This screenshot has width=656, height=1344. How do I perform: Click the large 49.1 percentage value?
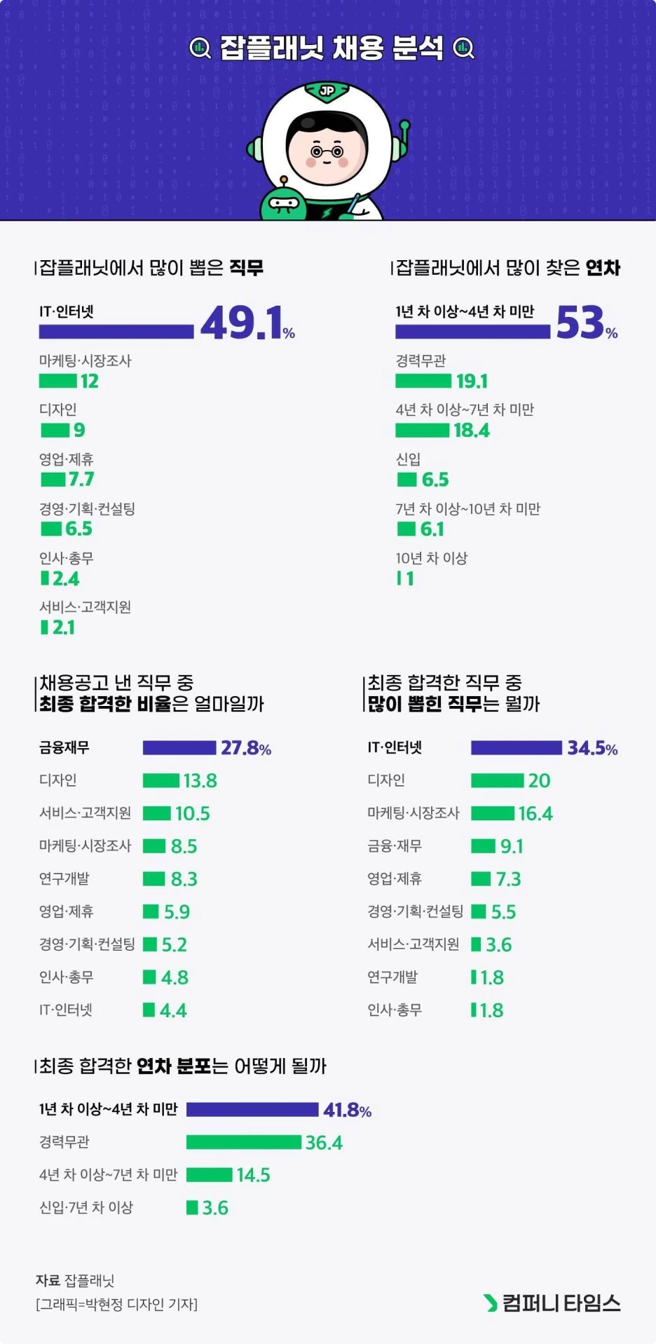click(241, 323)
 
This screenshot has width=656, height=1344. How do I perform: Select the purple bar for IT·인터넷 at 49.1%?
click(116, 332)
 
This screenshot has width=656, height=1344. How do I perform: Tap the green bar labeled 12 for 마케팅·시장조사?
click(57, 381)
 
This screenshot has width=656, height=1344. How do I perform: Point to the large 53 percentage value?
click(580, 323)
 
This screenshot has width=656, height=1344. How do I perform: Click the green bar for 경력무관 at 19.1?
click(423, 381)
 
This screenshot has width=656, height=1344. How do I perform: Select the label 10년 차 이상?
click(431, 558)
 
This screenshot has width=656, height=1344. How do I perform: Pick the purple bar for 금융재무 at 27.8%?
click(179, 748)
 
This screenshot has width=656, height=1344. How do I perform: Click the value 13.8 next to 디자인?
click(200, 781)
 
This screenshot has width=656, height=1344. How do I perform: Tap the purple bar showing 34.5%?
click(516, 748)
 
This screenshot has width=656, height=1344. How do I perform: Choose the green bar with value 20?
click(497, 781)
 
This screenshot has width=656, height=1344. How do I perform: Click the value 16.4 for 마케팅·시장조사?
click(535, 814)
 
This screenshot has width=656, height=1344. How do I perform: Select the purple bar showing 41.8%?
click(252, 1110)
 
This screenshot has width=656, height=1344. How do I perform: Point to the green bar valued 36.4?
click(244, 1143)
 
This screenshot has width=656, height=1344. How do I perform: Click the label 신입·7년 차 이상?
click(86, 1207)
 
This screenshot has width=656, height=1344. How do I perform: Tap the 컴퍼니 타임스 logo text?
click(561, 1303)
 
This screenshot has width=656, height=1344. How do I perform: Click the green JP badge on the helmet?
click(327, 90)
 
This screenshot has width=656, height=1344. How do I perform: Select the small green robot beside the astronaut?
click(283, 201)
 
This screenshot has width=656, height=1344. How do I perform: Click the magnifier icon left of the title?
click(200, 48)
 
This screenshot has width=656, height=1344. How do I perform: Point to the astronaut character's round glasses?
click(327, 151)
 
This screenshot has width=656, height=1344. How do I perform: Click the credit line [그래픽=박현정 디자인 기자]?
click(116, 1304)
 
